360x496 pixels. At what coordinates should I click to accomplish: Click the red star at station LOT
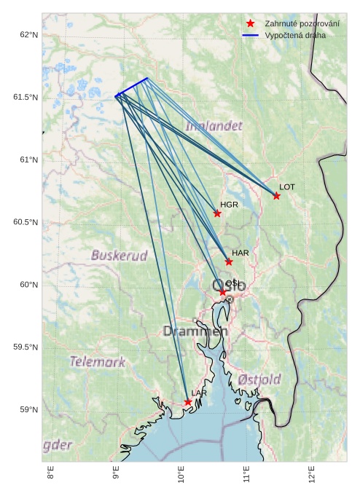coord(276,196)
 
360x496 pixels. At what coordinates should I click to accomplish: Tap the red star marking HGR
coord(217,213)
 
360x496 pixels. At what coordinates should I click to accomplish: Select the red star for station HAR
coord(229,261)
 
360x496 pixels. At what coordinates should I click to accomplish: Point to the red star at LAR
coord(188,402)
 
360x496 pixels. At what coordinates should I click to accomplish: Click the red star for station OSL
coord(222,292)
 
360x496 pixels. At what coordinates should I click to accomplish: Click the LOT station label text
coord(287,187)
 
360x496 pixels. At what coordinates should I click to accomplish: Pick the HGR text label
coord(230,205)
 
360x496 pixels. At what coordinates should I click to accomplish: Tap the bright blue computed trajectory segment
coord(131,87)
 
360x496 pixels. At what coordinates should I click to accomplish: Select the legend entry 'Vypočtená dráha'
coord(295,35)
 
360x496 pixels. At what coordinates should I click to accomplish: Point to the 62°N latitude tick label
coord(28,35)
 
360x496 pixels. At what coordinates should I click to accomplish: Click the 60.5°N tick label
coord(26,222)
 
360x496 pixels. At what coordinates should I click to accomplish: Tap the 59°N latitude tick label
coord(28,409)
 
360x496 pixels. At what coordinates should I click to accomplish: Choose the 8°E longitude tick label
coord(50,476)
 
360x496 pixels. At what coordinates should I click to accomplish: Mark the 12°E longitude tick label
coord(312,476)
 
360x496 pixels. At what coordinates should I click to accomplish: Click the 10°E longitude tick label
coord(181,476)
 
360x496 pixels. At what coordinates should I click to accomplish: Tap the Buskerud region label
coord(119,256)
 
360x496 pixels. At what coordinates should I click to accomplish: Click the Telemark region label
coord(97,361)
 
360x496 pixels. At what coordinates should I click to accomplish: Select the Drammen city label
coord(195,331)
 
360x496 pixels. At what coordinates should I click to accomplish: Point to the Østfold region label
coord(259,379)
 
